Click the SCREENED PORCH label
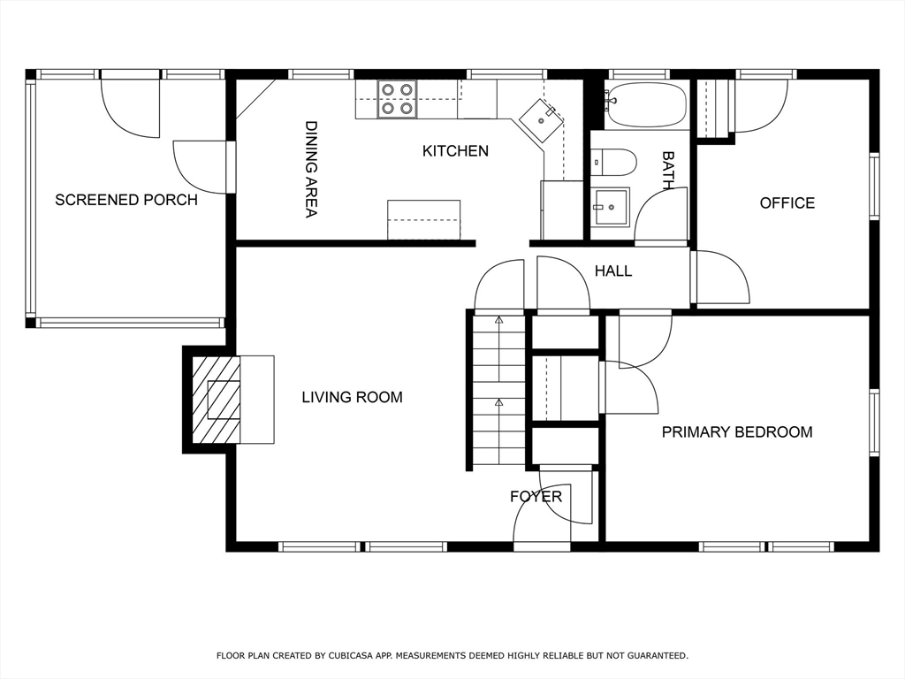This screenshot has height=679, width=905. click(x=126, y=200)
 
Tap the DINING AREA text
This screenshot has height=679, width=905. click(x=311, y=169)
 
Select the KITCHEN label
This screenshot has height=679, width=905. click(x=455, y=150)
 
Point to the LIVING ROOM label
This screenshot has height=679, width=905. click(x=352, y=397)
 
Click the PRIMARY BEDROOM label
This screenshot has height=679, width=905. click(x=737, y=431)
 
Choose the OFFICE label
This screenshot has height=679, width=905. click(x=787, y=202)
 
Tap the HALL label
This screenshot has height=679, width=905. click(x=613, y=271)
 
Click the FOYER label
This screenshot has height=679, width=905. click(x=536, y=497)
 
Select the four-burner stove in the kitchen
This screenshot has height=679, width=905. click(x=397, y=99)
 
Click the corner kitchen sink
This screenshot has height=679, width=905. click(x=541, y=120)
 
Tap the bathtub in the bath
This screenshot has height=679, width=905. click(x=645, y=105)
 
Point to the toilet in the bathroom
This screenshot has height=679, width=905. click(x=613, y=163)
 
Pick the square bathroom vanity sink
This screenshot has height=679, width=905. click(x=611, y=206)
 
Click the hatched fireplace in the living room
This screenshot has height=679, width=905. click(x=216, y=400)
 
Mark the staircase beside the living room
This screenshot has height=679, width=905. click(x=498, y=390)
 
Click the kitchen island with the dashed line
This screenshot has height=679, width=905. click(x=423, y=219)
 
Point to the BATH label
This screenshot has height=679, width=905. click(x=668, y=171)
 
